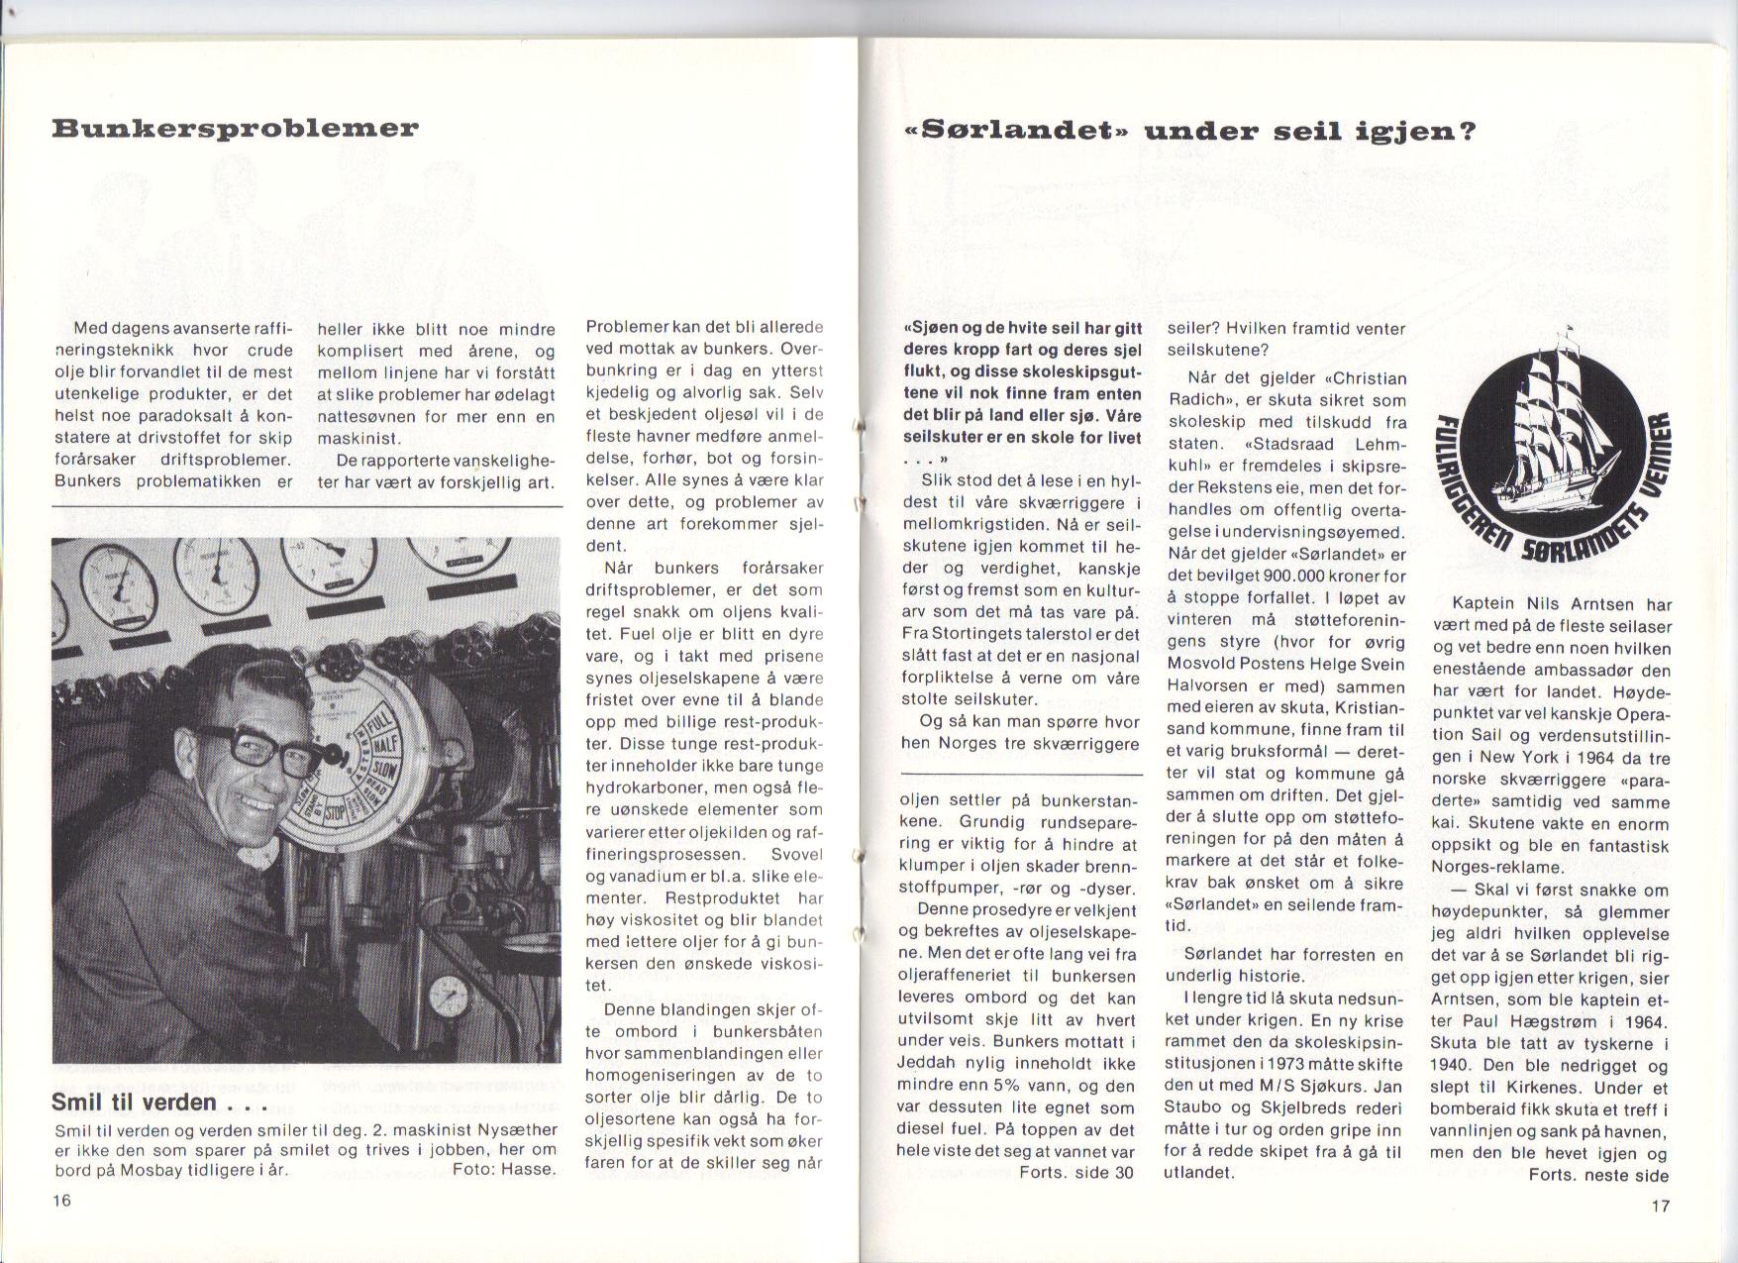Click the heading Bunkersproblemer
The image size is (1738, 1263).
click(x=235, y=129)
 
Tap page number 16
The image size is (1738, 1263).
click(x=62, y=1200)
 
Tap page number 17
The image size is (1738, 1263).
click(x=1661, y=1206)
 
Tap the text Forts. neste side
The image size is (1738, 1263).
click(x=1598, y=1176)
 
